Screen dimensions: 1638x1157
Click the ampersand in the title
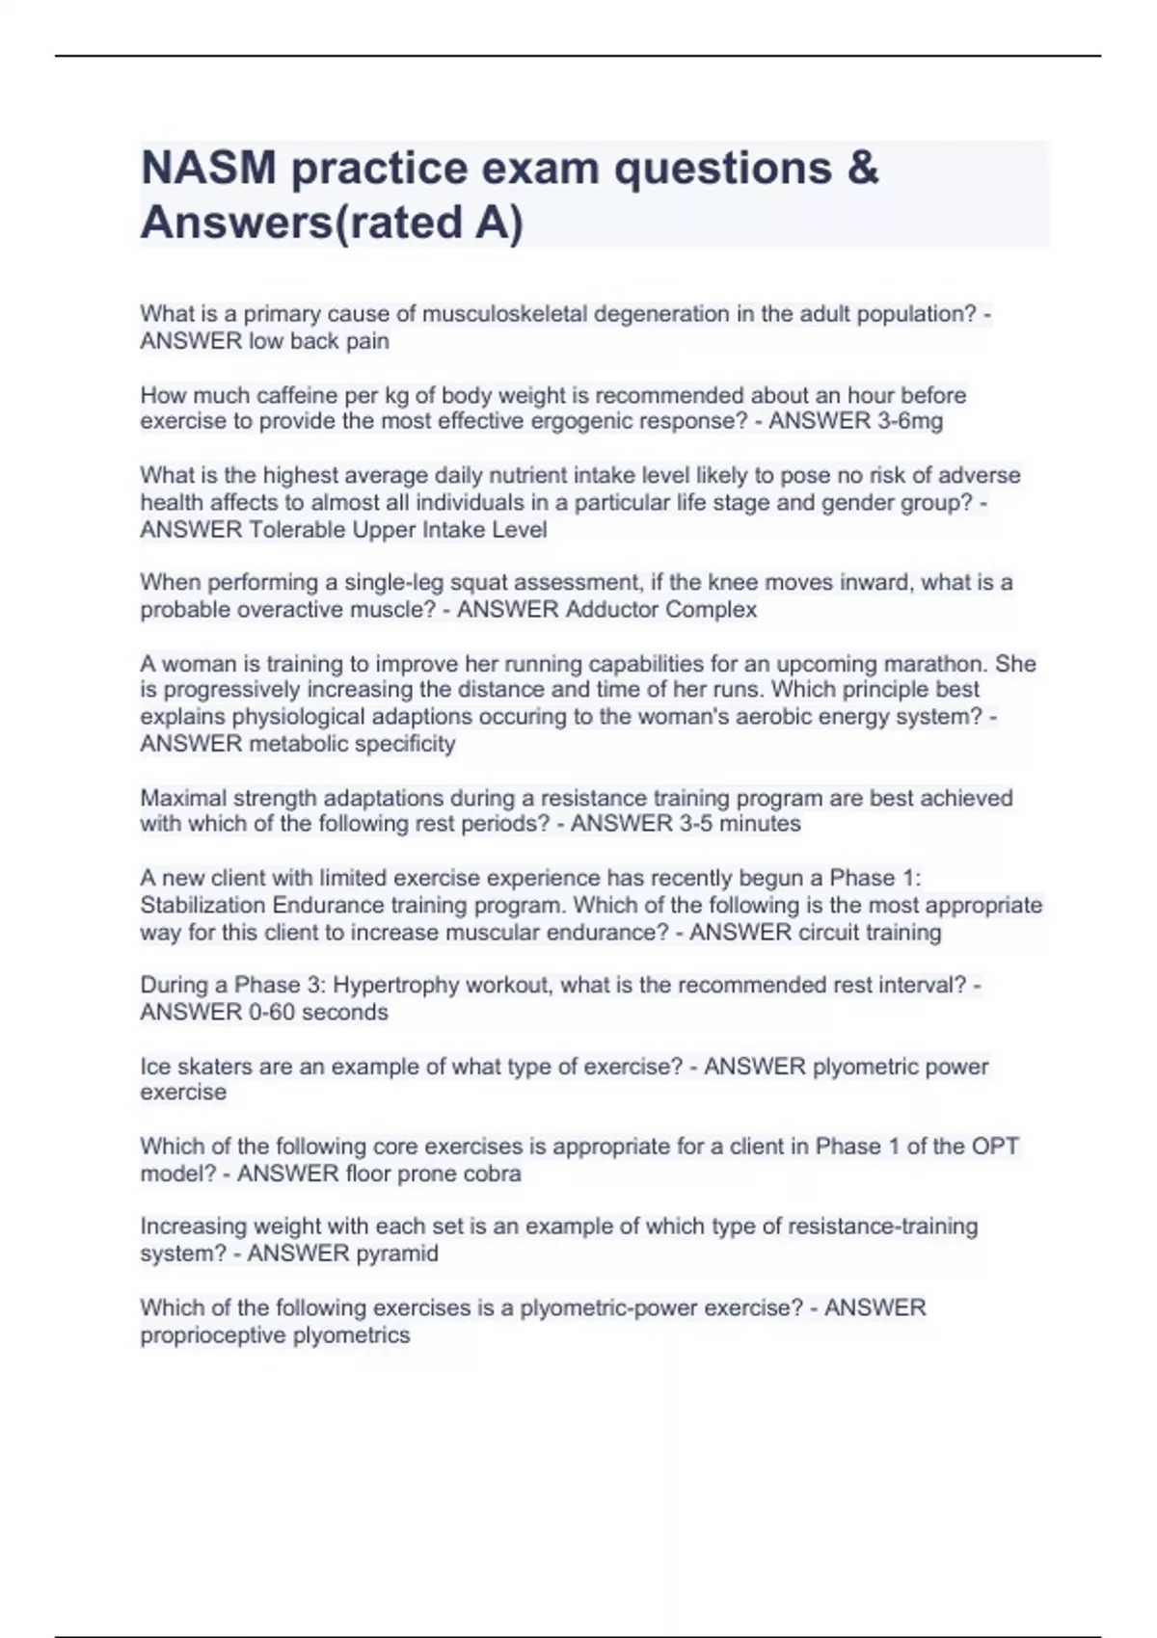(x=865, y=168)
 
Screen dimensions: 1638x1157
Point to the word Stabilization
(x=202, y=905)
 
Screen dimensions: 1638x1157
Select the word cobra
(x=492, y=1174)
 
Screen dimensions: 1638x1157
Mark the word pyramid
(x=397, y=1253)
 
